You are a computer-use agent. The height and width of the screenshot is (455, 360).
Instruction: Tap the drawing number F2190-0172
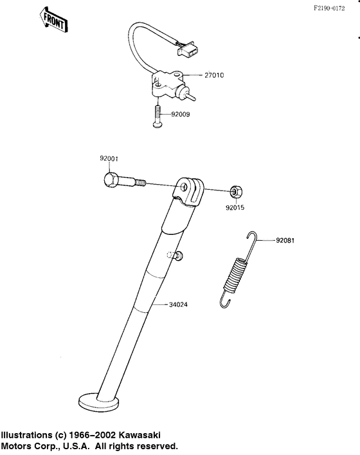point(329,8)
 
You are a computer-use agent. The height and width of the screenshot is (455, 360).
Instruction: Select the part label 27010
point(214,75)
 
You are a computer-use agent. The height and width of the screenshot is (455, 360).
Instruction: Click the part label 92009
point(180,115)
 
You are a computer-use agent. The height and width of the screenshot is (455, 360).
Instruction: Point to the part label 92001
point(109,159)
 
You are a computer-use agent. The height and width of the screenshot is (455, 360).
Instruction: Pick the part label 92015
point(235,208)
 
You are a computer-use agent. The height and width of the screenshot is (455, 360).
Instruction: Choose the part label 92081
point(285,241)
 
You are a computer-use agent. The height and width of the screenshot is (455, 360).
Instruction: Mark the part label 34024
point(178,304)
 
